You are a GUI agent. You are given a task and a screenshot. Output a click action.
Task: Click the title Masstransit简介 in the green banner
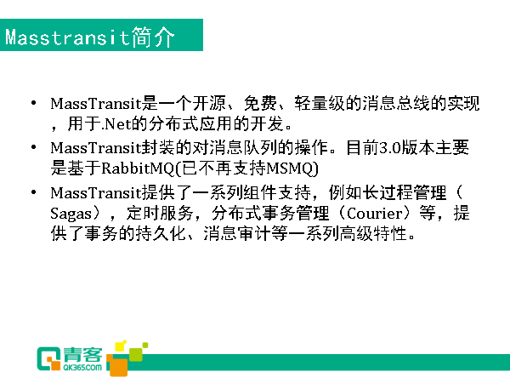pyautogui.click(x=90, y=37)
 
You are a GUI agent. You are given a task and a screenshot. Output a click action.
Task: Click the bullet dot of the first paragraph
pyautogui.click(x=33, y=103)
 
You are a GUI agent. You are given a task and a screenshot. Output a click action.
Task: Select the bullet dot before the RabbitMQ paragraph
pyautogui.click(x=33, y=147)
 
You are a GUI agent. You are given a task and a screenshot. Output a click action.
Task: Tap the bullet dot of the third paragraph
pyautogui.click(x=33, y=192)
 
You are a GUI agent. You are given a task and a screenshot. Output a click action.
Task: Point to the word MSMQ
pyautogui.click(x=290, y=169)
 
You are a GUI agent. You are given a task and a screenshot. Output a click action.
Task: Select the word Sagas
pyautogui.click(x=71, y=214)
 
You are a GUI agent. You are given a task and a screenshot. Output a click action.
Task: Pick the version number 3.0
pyautogui.click(x=390, y=148)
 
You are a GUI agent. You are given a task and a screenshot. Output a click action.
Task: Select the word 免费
pyautogui.click(x=260, y=103)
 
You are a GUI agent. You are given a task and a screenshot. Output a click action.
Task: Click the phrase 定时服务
pyautogui.click(x=160, y=214)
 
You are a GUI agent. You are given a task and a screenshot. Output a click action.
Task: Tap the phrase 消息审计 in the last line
pyautogui.click(x=237, y=233)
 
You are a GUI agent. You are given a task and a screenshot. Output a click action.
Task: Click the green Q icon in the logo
pyautogui.click(x=48, y=358)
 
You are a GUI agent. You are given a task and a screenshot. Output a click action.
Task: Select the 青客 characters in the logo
pyautogui.click(x=82, y=355)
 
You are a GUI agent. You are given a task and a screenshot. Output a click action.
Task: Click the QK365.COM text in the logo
pyautogui.click(x=82, y=368)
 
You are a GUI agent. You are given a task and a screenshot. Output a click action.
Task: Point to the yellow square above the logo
pyautogui.click(x=121, y=346)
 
